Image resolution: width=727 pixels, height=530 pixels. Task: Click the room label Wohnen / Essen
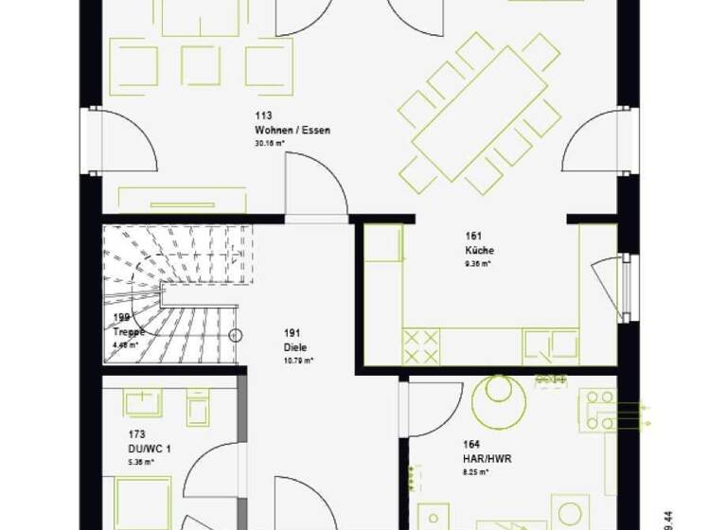coord(292,131)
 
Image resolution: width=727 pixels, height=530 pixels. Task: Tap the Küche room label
coord(479,251)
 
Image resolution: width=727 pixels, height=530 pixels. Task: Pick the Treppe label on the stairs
coord(129,332)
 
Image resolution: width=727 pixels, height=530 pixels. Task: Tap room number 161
coord(472,238)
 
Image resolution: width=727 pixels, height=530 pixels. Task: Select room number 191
coord(292,334)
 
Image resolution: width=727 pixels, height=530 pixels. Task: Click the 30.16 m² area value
coord(270,144)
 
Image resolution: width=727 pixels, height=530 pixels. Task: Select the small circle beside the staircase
coord(237,335)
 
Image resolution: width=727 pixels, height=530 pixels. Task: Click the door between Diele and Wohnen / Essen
coord(316,189)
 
